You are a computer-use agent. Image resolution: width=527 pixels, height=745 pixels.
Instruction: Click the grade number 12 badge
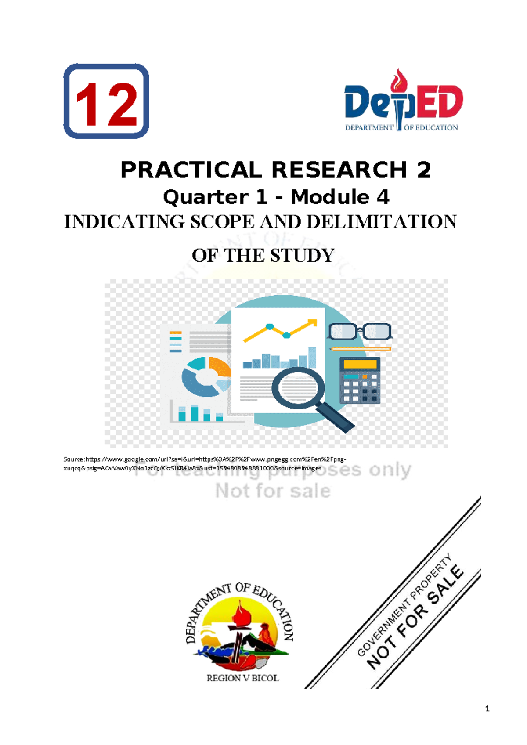(106, 101)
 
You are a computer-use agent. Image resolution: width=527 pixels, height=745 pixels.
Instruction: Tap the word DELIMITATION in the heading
(381, 222)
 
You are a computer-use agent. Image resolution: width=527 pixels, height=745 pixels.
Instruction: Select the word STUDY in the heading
(302, 256)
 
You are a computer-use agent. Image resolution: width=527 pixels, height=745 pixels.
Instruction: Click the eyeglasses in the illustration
(359, 331)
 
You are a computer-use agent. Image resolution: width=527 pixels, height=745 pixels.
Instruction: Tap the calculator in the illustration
(360, 380)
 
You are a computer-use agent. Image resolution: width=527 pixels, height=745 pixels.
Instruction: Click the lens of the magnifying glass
(298, 387)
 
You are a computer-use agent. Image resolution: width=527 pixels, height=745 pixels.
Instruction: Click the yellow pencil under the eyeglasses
(360, 349)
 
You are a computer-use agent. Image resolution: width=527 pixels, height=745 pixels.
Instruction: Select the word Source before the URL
(73, 459)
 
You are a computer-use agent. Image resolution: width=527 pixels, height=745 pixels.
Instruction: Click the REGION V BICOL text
(242, 678)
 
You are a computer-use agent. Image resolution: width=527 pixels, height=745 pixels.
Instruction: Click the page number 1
(487, 709)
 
